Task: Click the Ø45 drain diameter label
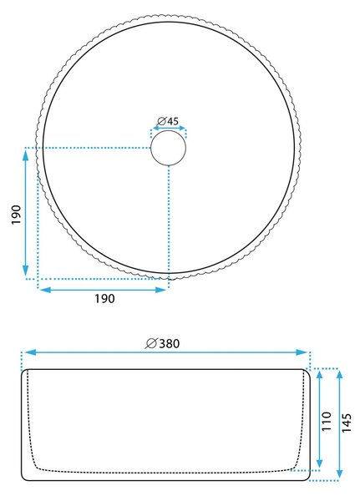(x=168, y=121)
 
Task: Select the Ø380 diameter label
(x=162, y=343)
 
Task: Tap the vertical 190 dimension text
(x=17, y=215)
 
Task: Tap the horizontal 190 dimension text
(x=104, y=298)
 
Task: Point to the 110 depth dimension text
(x=327, y=421)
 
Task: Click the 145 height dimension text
(x=347, y=423)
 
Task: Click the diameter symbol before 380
(x=151, y=343)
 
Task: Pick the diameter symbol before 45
(x=162, y=121)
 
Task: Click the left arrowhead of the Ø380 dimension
(x=30, y=352)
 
